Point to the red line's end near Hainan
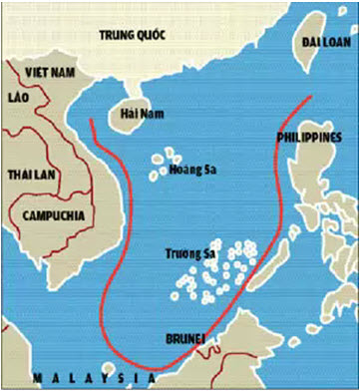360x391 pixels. (x=92, y=122)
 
